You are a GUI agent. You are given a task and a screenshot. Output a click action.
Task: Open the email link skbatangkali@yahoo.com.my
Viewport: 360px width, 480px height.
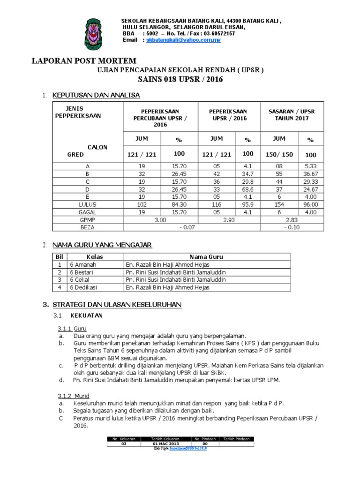(x=183, y=40)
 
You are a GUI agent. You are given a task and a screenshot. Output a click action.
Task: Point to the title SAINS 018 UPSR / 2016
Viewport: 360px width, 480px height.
(x=180, y=80)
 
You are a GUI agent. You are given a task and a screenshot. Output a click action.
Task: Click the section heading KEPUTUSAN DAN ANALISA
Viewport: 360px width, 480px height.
(x=96, y=95)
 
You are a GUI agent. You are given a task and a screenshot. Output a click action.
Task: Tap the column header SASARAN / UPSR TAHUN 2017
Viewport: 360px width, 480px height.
(x=292, y=115)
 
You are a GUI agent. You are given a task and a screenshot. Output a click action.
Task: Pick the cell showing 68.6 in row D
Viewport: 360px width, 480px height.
(x=248, y=189)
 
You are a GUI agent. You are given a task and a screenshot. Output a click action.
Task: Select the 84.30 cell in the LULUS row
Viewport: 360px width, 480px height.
(x=180, y=204)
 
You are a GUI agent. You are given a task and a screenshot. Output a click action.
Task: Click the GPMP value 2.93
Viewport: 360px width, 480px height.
(x=230, y=219)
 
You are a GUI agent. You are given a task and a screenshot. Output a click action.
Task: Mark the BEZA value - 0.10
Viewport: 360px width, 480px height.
(x=292, y=227)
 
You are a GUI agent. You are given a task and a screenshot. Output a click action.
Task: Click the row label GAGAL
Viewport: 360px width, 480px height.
(x=88, y=212)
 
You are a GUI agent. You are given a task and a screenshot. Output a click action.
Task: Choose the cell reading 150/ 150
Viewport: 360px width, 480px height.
(x=279, y=155)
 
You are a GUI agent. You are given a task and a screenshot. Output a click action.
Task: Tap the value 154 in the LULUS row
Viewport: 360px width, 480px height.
(x=279, y=204)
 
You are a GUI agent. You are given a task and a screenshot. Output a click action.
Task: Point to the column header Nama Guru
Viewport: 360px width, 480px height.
(x=206, y=257)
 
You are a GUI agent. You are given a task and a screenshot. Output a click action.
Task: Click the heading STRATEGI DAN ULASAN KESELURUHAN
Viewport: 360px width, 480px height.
(x=117, y=305)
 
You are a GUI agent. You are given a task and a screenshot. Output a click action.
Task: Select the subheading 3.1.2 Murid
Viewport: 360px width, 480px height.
(x=74, y=396)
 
